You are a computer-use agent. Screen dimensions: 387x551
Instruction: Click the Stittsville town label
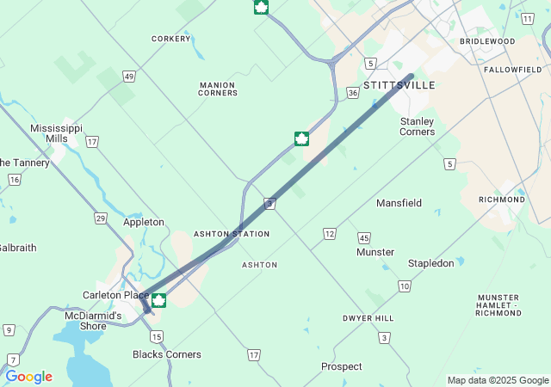pyautogui.click(x=399, y=85)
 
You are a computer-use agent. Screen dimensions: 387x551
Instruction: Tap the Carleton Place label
pyautogui.click(x=115, y=295)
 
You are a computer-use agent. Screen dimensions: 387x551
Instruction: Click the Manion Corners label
pyautogui.click(x=218, y=89)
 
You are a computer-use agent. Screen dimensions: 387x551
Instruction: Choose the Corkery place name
pyautogui.click(x=170, y=39)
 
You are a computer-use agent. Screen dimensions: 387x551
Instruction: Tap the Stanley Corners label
pyautogui.click(x=417, y=126)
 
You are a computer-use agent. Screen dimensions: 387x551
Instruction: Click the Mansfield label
pyautogui.click(x=399, y=203)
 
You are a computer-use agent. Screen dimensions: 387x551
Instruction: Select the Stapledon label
pyautogui.click(x=430, y=263)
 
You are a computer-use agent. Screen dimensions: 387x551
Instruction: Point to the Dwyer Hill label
pyautogui.click(x=368, y=318)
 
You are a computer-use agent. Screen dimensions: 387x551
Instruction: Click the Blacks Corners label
pyautogui.click(x=167, y=354)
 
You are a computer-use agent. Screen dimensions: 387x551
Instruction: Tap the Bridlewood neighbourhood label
pyautogui.click(x=487, y=41)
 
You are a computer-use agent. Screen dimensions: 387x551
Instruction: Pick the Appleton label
pyautogui.click(x=144, y=222)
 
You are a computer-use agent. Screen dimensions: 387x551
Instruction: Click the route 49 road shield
pyautogui.click(x=128, y=77)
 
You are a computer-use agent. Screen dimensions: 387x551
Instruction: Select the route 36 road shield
pyautogui.click(x=353, y=92)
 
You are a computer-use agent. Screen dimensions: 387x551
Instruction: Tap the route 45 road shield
pyautogui.click(x=364, y=237)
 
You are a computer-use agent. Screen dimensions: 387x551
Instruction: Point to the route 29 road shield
pyautogui.click(x=101, y=218)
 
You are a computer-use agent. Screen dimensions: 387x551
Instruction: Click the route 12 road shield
pyautogui.click(x=330, y=234)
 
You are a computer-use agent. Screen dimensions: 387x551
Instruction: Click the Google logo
pyautogui.click(x=28, y=377)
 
